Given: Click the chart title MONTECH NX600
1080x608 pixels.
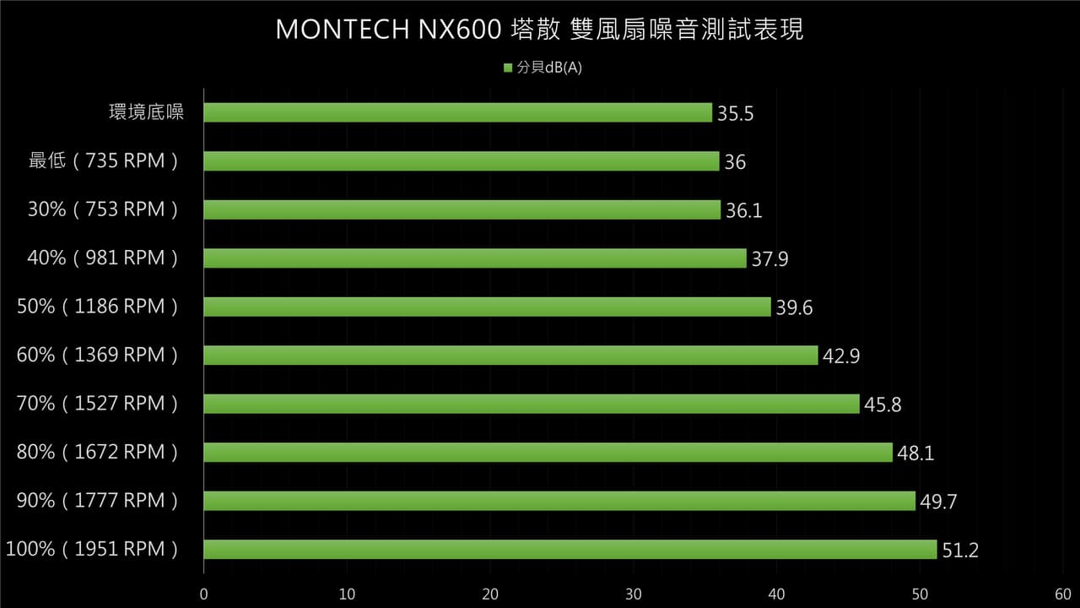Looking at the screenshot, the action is click(x=389, y=30).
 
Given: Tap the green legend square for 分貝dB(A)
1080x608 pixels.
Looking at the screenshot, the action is click(x=508, y=68).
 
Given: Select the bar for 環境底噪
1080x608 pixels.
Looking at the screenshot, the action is click(x=457, y=112).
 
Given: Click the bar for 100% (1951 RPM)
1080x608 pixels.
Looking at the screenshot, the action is click(x=570, y=549).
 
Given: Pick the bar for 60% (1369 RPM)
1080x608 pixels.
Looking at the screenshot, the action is click(x=511, y=356).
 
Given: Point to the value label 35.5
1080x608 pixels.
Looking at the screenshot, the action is click(x=735, y=113).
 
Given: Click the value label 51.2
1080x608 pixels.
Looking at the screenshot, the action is click(x=960, y=550).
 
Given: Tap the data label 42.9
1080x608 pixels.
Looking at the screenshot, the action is click(x=841, y=356).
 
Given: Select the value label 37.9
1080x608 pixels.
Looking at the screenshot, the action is click(x=770, y=259).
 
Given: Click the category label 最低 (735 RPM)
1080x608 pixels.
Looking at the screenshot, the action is click(x=103, y=160).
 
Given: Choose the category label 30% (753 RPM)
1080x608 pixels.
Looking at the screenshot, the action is click(x=103, y=209).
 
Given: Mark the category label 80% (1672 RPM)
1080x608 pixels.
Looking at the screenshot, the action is click(x=97, y=452).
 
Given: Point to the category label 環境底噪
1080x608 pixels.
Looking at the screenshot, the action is click(x=147, y=112).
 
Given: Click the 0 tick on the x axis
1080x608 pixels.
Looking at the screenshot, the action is click(x=204, y=594).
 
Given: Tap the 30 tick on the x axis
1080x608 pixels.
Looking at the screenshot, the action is click(x=634, y=594).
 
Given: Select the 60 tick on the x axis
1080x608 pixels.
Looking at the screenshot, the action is click(x=1063, y=594).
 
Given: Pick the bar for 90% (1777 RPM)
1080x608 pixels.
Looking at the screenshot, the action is click(x=559, y=501).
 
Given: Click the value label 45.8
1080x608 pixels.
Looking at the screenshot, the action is click(x=883, y=404).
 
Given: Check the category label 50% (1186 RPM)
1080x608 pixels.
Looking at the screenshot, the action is click(x=97, y=307).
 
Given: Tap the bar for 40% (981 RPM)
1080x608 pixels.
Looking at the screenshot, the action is click(x=475, y=258).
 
